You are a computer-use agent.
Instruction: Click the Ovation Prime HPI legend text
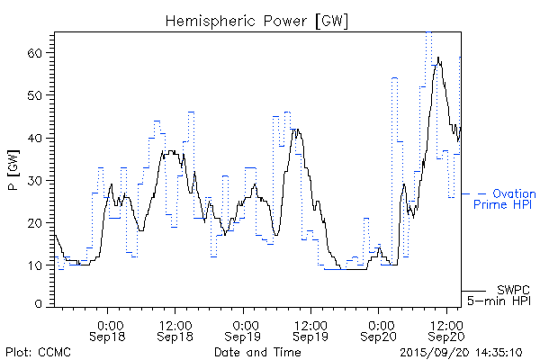point(505,199)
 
